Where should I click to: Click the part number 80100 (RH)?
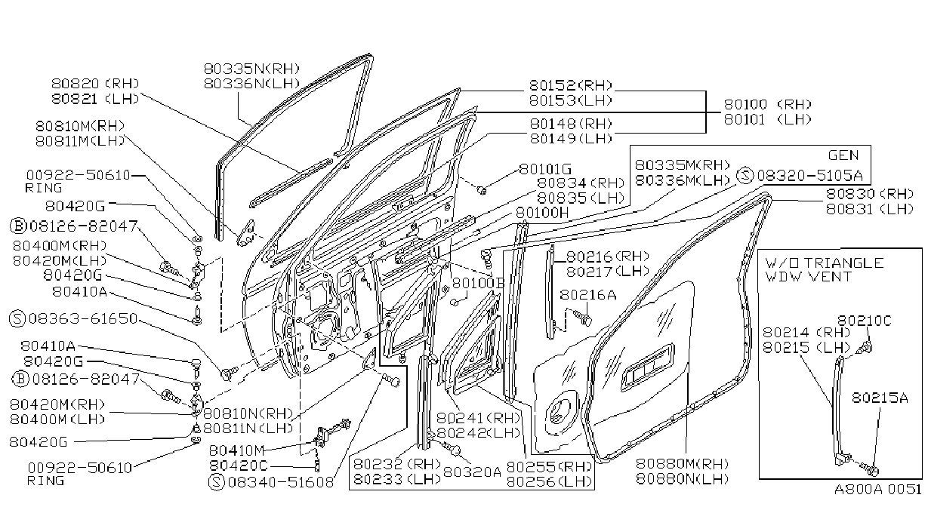coord(768,104)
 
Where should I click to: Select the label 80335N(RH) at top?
coord(251,69)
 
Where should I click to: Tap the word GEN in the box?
coord(843,155)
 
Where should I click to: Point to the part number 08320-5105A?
coord(810,176)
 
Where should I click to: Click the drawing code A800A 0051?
coord(877,489)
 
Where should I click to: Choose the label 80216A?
coord(588,295)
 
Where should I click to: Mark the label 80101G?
coord(545,169)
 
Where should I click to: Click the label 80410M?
coord(236,450)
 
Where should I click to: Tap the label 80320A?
coord(472,472)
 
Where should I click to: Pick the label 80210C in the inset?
coord(865,321)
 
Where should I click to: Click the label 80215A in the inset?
coord(880,398)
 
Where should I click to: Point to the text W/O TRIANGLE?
coord(825,263)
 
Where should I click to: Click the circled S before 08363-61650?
coord(17,318)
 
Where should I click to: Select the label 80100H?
coord(542,213)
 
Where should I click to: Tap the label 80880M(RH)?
coord(683,463)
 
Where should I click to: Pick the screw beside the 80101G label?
coord(482,190)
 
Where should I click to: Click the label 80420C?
coord(239,466)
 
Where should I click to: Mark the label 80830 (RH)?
coord(870,194)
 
